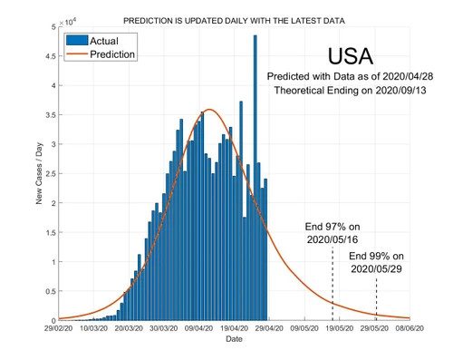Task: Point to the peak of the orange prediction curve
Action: click(209, 110)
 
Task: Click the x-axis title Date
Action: click(234, 339)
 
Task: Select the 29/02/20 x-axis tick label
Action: click(59, 329)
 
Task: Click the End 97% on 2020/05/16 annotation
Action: click(333, 232)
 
